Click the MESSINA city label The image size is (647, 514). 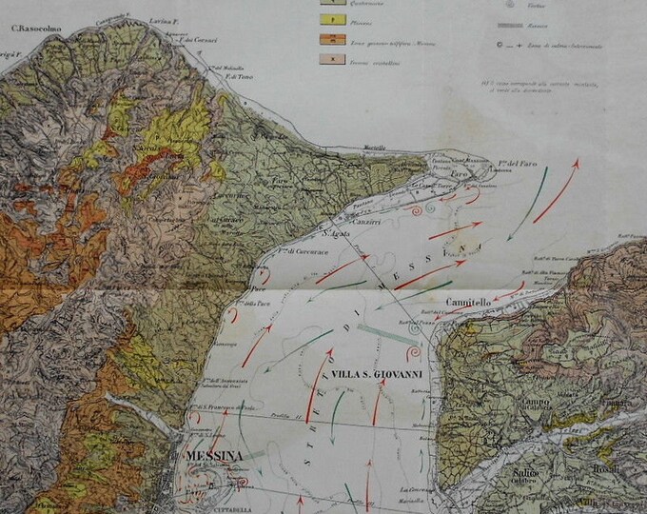(x=215, y=455)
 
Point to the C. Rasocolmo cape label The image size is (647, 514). (x=36, y=28)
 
